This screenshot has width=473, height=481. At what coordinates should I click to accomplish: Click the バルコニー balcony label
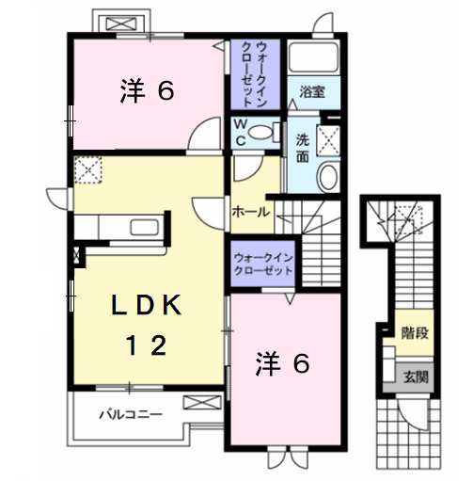[132, 412]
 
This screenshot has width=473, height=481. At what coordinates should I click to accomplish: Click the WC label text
[241, 133]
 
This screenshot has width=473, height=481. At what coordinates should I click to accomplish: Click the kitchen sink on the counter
[145, 229]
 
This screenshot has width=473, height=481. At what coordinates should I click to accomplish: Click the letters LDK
[147, 305]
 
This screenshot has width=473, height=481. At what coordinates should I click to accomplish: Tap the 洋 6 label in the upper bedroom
[147, 91]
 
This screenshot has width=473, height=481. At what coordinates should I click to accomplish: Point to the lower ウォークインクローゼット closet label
[262, 263]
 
